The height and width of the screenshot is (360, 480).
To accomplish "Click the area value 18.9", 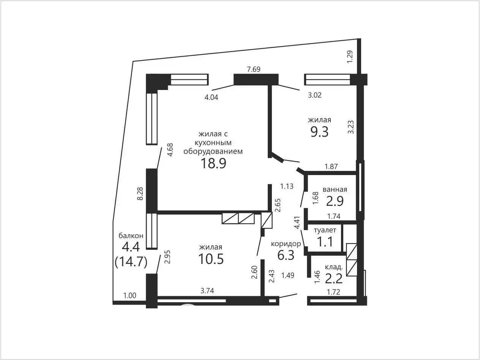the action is tap(213, 163).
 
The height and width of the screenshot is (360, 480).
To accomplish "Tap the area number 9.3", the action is tap(319, 132).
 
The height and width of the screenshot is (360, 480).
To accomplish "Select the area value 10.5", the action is tap(211, 259).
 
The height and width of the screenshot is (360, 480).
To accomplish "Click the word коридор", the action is tap(286, 244).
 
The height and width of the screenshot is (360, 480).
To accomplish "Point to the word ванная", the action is tap(335, 189).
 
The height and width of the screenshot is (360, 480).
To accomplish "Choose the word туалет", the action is tap(325, 230).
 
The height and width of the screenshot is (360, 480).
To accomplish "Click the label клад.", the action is tap(334, 267).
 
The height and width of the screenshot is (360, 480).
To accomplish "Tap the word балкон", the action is tap(131, 235).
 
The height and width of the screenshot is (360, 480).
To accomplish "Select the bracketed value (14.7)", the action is tap(131, 262).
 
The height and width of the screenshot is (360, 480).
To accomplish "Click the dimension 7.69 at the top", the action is tap(254, 69).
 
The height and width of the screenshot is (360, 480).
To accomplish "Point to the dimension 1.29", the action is tap(350, 57).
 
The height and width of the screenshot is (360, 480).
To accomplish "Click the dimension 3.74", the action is tap(207, 291).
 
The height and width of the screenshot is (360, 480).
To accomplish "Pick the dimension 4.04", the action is tap(211, 97).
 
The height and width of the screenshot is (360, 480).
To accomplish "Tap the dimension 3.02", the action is tap(315, 95).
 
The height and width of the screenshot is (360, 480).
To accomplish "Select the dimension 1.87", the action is tap(331, 167).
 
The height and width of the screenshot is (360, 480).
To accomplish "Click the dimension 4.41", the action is tap(297, 223).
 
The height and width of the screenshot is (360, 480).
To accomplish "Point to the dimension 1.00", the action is tap(130, 295).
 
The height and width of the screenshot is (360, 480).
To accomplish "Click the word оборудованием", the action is tap(213, 151).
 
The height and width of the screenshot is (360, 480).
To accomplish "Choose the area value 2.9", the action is tap(335, 201).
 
